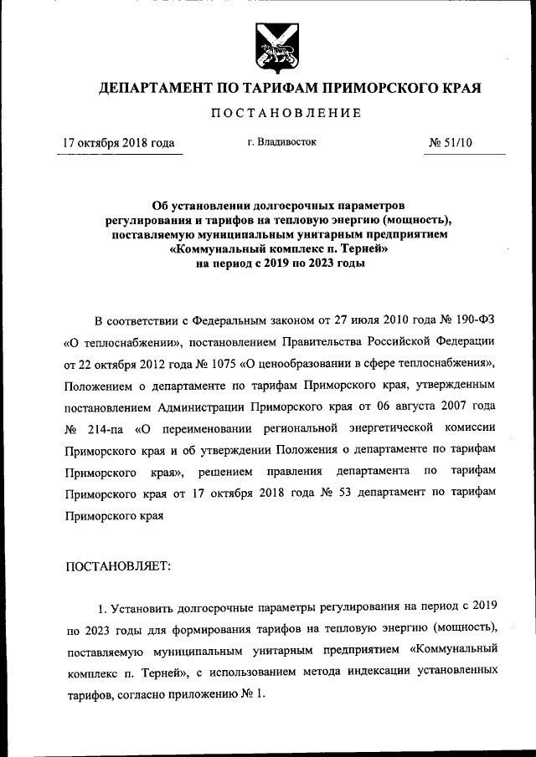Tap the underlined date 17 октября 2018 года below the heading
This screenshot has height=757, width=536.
pyautogui.click(x=119, y=143)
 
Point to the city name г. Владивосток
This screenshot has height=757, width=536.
pyautogui.click(x=281, y=142)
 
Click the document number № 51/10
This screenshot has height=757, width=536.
pyautogui.click(x=451, y=143)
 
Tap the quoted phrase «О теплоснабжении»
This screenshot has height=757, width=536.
pyautogui.click(x=118, y=342)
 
